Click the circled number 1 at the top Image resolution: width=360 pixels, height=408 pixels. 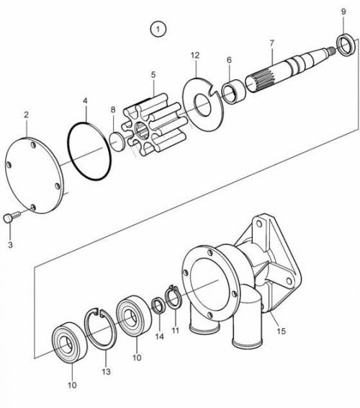[x=158, y=29]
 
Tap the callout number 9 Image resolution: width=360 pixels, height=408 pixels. [x=343, y=12]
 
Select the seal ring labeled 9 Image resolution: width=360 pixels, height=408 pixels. [x=346, y=45]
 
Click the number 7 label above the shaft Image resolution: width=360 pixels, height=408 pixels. [x=272, y=43]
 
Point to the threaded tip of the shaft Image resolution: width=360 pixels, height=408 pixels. [x=332, y=50]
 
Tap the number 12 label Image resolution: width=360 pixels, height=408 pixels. [x=195, y=56]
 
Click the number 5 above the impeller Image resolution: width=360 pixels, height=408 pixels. [x=153, y=75]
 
